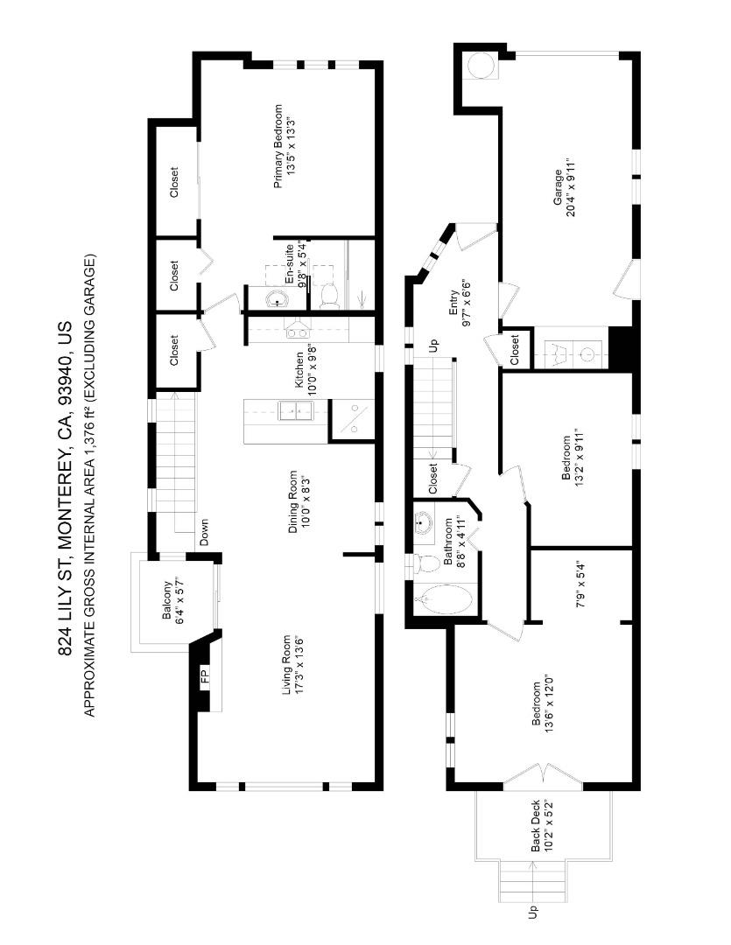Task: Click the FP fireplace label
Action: (205, 676)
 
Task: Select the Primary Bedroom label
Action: (278, 146)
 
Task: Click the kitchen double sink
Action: (295, 411)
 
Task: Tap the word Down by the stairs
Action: (204, 533)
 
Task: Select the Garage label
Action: (559, 187)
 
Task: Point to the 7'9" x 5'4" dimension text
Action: (580, 584)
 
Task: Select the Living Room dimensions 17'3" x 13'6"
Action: (299, 664)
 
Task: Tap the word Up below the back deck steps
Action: (533, 913)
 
